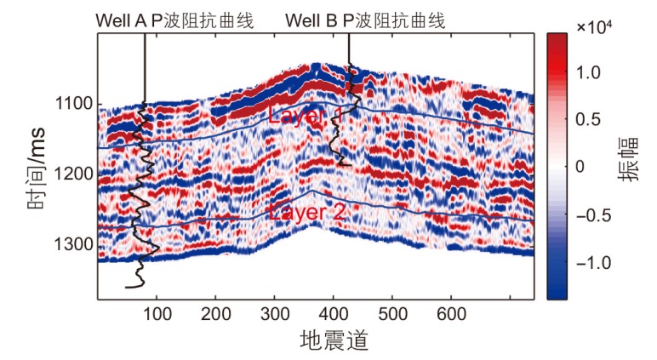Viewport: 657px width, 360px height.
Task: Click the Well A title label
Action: (x=174, y=19)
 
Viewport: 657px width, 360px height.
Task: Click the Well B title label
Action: (x=365, y=19)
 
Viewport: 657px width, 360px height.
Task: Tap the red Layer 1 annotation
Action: (x=306, y=115)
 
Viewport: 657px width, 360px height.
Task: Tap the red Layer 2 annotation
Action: (x=306, y=213)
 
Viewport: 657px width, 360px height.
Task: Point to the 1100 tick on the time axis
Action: (x=75, y=105)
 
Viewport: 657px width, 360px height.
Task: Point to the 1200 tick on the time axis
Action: (x=75, y=174)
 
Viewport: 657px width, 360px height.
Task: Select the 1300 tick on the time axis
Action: (x=75, y=245)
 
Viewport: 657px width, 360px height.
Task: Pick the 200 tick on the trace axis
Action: (x=216, y=314)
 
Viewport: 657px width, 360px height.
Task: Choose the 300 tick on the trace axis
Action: (x=275, y=314)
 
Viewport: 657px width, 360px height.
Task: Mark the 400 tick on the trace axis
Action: (x=334, y=314)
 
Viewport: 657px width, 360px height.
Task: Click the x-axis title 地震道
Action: (x=334, y=341)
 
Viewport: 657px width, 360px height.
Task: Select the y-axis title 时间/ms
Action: (x=37, y=174)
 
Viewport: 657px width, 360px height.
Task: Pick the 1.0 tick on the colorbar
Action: (x=587, y=73)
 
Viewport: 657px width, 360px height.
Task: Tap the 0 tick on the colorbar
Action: (x=580, y=167)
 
